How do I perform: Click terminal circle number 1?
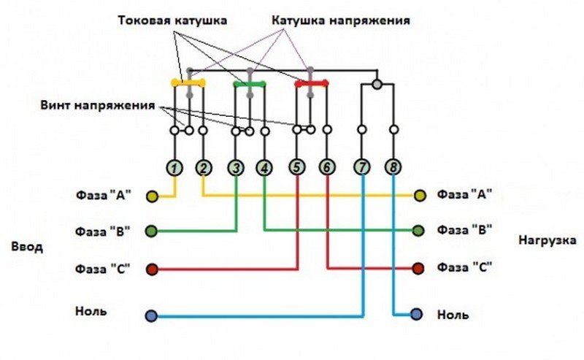coord(174,168)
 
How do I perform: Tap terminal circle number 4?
coord(264,168)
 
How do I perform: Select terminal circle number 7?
coord(363,168)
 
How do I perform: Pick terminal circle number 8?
coord(393,168)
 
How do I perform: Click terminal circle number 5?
coord(296,168)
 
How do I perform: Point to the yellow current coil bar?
coord(188,83)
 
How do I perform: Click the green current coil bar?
coord(250,83)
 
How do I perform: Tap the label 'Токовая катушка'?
coord(172,21)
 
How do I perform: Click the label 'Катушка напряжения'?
coord(340,21)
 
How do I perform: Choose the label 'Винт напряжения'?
coord(98,105)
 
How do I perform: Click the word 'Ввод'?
coord(28,246)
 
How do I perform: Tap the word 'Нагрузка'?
coord(547,240)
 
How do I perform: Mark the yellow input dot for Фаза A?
coord(152,196)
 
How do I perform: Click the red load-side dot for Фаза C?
coord(418,268)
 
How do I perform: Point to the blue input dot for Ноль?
coord(151,316)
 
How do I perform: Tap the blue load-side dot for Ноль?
coord(416,315)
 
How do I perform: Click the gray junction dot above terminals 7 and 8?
coord(377,84)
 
